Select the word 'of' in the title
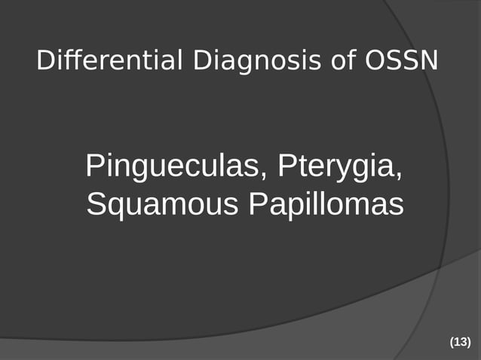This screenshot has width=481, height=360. (x=345, y=61)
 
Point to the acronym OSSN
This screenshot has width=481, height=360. (x=402, y=61)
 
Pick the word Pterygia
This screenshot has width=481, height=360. (x=338, y=166)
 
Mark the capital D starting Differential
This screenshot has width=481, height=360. (x=45, y=61)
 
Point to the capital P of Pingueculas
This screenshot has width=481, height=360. (x=95, y=165)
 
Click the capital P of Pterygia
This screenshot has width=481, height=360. (x=286, y=165)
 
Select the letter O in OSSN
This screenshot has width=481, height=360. (x=375, y=61)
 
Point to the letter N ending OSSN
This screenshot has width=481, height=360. (x=428, y=61)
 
